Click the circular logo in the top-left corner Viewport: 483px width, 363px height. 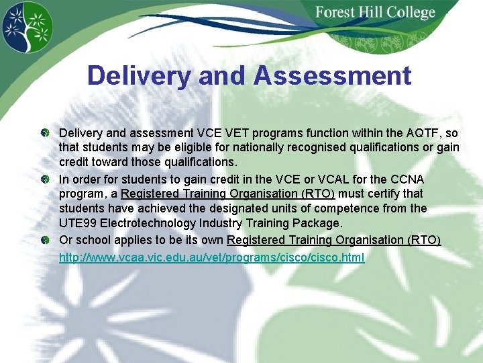[27, 28]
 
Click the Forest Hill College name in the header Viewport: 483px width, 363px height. [375, 13]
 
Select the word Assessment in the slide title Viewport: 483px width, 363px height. [332, 75]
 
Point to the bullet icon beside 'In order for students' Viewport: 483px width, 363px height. [44, 179]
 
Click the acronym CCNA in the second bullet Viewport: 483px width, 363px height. [407, 179]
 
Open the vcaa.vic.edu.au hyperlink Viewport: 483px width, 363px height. [212, 257]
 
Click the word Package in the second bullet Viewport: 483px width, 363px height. [318, 223]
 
